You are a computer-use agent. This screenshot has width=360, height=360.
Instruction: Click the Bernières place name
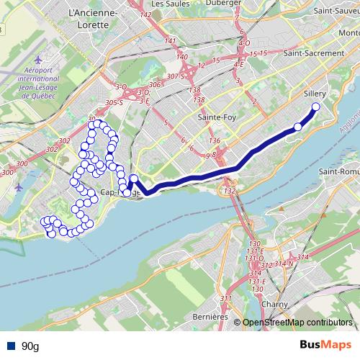click(211, 316)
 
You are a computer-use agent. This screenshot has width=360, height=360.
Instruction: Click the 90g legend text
click(30, 346)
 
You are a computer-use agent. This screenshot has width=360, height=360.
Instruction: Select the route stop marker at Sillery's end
click(315, 108)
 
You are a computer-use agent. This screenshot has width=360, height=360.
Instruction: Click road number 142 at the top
click(146, 14)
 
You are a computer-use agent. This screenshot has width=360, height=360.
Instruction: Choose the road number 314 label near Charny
click(302, 257)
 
